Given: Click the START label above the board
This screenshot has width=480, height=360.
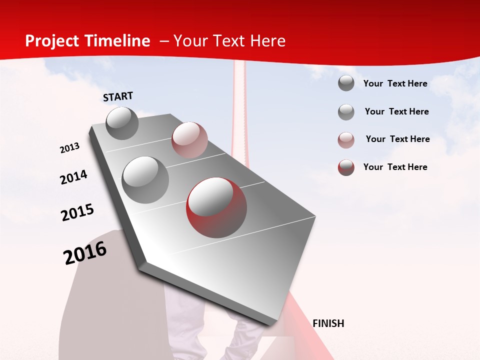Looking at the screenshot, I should pyautogui.click(x=118, y=96).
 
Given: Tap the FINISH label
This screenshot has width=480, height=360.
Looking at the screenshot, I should pyautogui.click(x=328, y=323).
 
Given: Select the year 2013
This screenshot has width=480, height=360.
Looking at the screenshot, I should pyautogui.click(x=70, y=148).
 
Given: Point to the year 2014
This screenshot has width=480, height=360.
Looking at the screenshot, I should pyautogui.click(x=73, y=177).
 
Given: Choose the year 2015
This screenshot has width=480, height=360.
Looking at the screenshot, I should pyautogui.click(x=77, y=212).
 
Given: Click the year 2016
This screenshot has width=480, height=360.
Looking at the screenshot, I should pyautogui.click(x=85, y=253).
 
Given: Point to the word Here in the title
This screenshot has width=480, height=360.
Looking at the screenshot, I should pyautogui.click(x=267, y=41).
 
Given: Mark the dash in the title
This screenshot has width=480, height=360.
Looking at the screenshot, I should pyautogui.click(x=164, y=41).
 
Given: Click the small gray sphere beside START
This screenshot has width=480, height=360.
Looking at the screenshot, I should pyautogui.click(x=122, y=123).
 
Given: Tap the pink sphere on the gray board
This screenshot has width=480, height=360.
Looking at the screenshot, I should pyautogui.click(x=189, y=140).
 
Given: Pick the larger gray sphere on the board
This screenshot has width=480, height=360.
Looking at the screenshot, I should pyautogui.click(x=145, y=180).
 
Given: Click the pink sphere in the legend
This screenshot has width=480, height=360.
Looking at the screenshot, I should pyautogui.click(x=346, y=140).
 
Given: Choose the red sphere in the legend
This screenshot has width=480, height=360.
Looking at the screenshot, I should pyautogui.click(x=346, y=167).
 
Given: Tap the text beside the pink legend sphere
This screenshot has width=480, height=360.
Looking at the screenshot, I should pyautogui.click(x=397, y=139).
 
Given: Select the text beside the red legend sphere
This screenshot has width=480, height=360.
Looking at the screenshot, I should pyautogui.click(x=395, y=167).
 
